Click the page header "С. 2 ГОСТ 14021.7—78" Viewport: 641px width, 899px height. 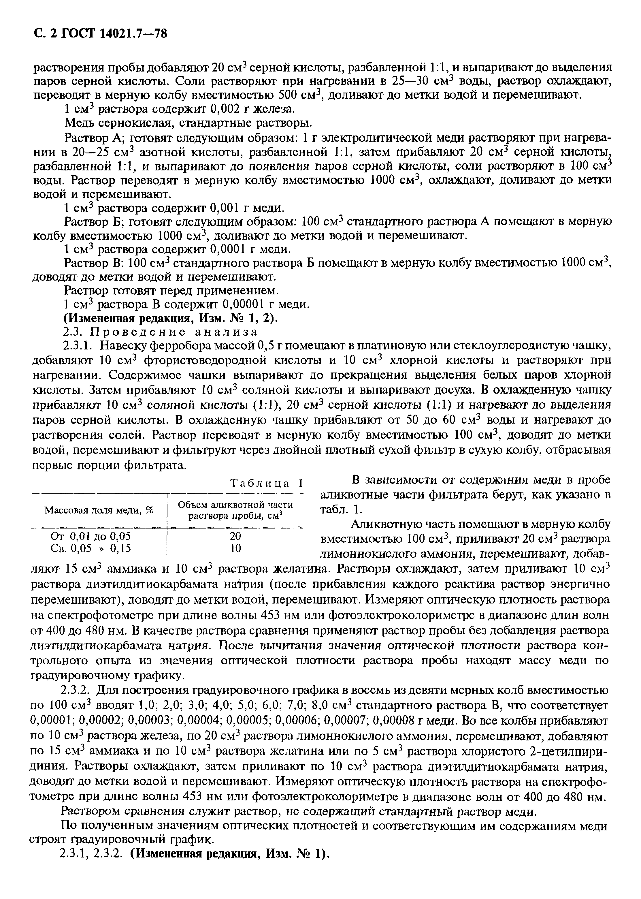(x=99, y=35)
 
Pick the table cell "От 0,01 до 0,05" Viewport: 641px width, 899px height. (x=91, y=536)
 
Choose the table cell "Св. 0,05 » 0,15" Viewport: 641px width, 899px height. (x=91, y=548)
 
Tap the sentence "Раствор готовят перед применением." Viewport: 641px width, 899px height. (x=171, y=291)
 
